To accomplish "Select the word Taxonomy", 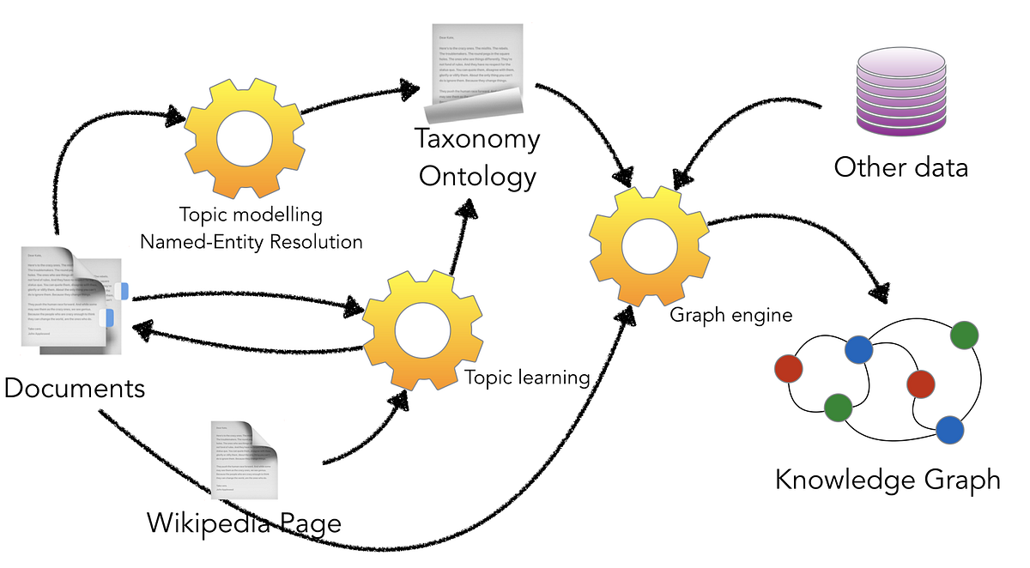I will (477, 139).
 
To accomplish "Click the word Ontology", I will (477, 176).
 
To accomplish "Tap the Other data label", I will (900, 166).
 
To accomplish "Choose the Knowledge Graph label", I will (888, 479).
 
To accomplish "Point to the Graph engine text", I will (730, 315).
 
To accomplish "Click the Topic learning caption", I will (527, 377).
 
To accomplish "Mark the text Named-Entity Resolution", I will (251, 241).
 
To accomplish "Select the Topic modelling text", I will (251, 214).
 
